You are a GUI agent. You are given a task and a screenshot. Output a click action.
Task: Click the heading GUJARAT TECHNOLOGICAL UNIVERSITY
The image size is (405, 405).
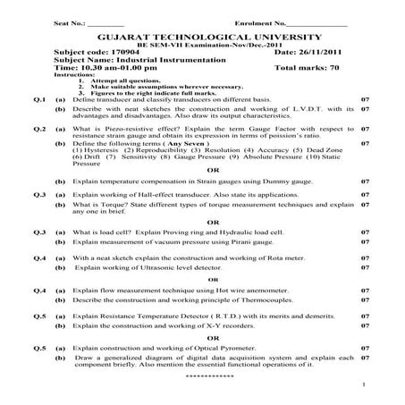[x=203, y=38]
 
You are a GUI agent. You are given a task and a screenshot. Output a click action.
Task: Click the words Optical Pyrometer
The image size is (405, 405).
[x=216, y=347]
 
